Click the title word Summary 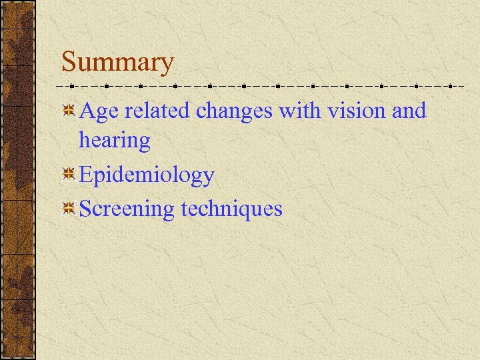pos(117,63)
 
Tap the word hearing pos(114,141)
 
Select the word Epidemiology pos(147,176)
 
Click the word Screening pos(126,209)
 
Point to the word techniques pos(231,209)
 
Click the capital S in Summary pos(69,63)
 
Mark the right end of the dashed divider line pos(465,86)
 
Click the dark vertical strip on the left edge pos(18,180)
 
